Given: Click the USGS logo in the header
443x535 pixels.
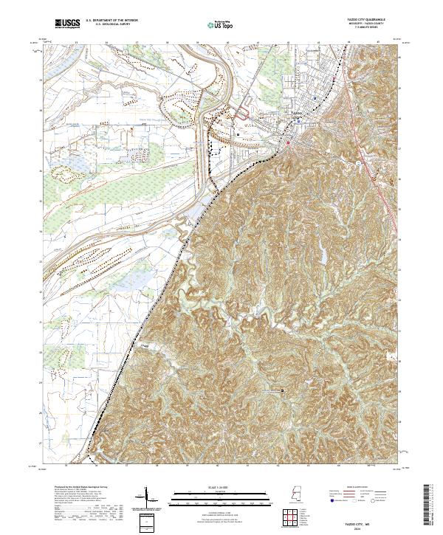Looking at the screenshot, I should (x=67, y=24).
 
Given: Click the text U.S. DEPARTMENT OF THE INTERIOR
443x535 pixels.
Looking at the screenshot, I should (x=111, y=21).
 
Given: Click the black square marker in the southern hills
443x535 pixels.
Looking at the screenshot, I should (x=281, y=390).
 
